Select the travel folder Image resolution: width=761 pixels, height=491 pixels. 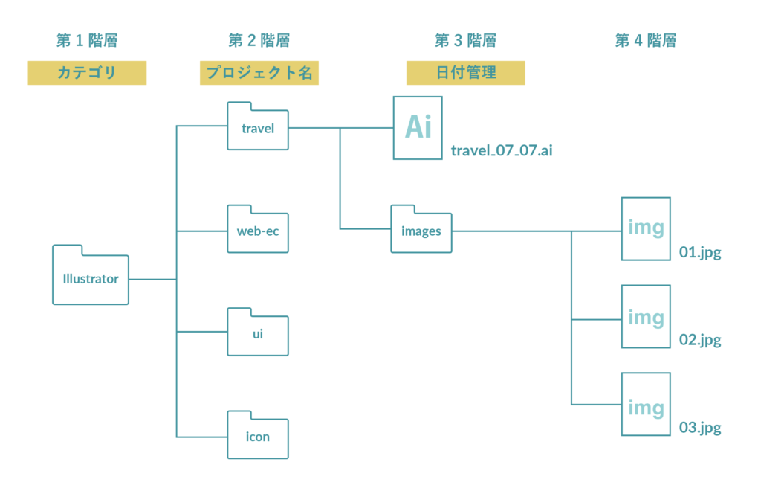pyautogui.click(x=257, y=126)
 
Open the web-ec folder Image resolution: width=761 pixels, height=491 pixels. pyautogui.click(x=257, y=230)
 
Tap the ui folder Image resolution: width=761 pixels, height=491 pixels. pyautogui.click(x=257, y=333)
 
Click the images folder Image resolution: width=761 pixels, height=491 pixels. pyautogui.click(x=421, y=230)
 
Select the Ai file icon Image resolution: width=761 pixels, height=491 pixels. pyautogui.click(x=418, y=127)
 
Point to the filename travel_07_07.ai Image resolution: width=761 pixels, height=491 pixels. pyautogui.click(x=502, y=151)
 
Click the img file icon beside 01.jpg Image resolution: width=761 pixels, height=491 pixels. pyautogui.click(x=646, y=228)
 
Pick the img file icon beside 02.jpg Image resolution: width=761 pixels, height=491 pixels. pyautogui.click(x=646, y=317)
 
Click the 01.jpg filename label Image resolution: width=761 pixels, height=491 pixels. pyautogui.click(x=700, y=253)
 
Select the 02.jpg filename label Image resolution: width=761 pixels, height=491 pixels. pyautogui.click(x=700, y=341)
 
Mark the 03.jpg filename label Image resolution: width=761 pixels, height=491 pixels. pyautogui.click(x=700, y=429)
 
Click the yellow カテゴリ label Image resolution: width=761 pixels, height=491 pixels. pyautogui.click(x=87, y=73)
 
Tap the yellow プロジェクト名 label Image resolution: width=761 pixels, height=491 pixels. pyautogui.click(x=259, y=73)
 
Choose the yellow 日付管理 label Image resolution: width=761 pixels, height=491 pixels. pyautogui.click(x=465, y=73)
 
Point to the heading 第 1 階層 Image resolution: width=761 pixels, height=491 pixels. pyautogui.click(x=87, y=40)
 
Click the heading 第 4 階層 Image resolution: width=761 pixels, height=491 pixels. pyautogui.click(x=646, y=40)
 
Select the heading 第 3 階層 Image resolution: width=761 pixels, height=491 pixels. pyautogui.click(x=465, y=40)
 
